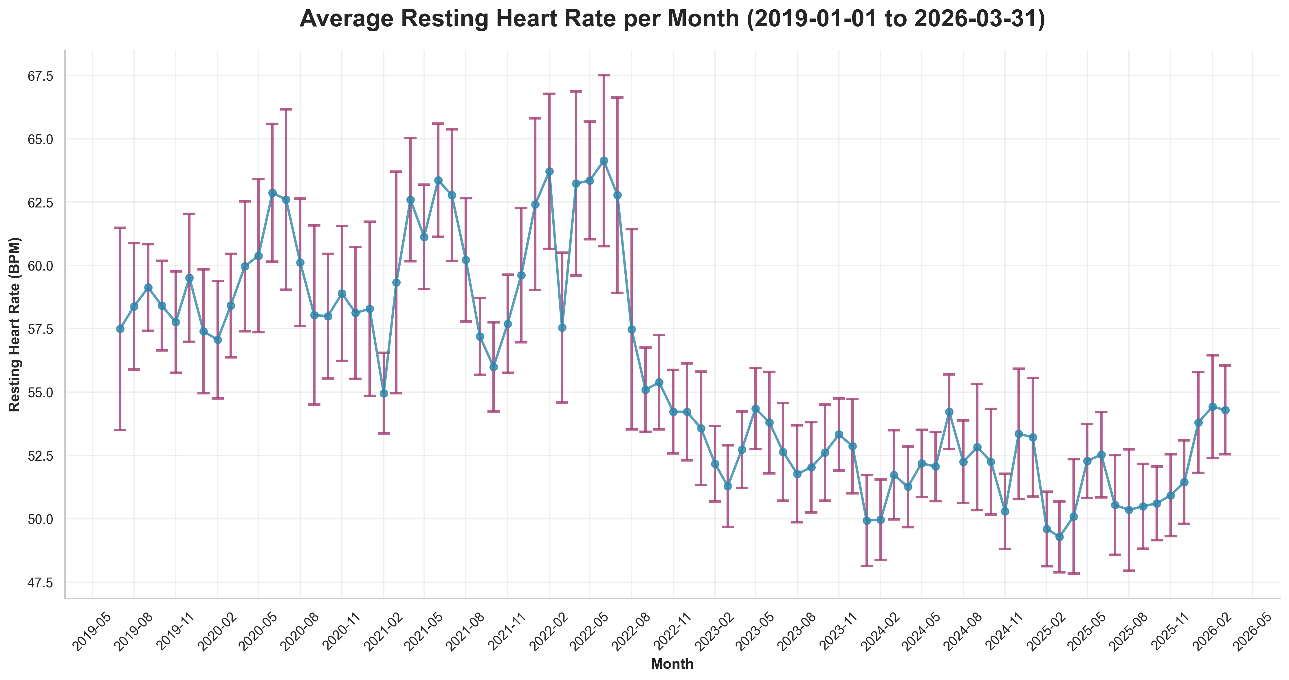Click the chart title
pyautogui.click(x=672, y=19)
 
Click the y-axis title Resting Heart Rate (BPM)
pyautogui.click(x=15, y=324)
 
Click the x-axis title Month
pyautogui.click(x=672, y=664)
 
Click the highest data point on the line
pyautogui.click(x=604, y=161)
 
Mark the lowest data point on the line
pyautogui.click(x=1059, y=537)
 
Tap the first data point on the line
pyautogui.click(x=120, y=329)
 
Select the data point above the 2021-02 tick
pyautogui.click(x=384, y=393)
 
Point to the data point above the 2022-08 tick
pyautogui.click(x=632, y=329)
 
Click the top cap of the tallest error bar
pyautogui.click(x=604, y=75)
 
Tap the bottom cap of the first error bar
pyautogui.click(x=120, y=430)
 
